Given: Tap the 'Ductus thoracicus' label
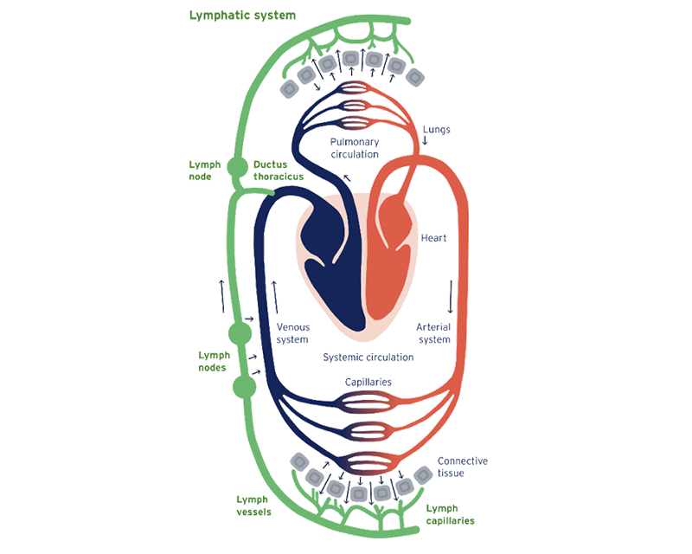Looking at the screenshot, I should (275, 171).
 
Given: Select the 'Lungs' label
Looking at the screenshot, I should (436, 131).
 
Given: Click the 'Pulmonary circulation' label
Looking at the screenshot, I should (356, 148).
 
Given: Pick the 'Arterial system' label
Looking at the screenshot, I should (434, 333).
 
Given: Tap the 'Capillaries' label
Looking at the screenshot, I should (368, 382).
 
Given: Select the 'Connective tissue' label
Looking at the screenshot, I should (462, 467).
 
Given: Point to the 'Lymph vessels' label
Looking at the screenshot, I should (253, 506).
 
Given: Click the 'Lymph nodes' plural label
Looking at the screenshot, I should (211, 361).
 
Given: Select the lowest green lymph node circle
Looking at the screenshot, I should (245, 387).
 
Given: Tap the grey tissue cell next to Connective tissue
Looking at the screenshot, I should (423, 474).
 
